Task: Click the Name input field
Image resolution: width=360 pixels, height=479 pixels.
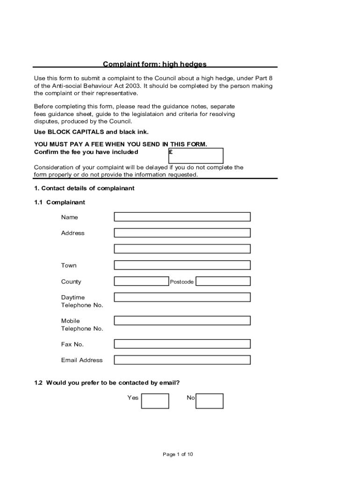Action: (182, 217)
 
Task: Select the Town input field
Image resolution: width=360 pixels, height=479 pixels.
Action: (182, 265)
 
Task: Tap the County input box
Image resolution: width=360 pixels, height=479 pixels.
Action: (141, 281)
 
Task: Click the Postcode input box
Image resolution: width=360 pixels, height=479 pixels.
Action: (223, 281)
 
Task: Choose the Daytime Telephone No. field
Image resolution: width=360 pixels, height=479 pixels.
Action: (182, 297)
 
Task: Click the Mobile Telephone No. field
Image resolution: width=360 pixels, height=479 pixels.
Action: (182, 320)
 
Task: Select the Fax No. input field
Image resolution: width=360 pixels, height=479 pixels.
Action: (182, 344)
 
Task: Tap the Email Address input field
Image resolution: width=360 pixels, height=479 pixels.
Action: (182, 360)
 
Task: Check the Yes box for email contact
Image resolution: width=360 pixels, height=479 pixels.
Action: (155, 401)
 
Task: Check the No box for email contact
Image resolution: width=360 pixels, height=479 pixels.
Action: (209, 401)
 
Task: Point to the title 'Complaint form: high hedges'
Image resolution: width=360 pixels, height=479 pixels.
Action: (155, 64)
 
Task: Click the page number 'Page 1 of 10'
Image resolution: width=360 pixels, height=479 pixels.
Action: (178, 454)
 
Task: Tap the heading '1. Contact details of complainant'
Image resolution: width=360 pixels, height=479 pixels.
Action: (84, 188)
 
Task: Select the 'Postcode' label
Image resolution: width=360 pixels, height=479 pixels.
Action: (182, 282)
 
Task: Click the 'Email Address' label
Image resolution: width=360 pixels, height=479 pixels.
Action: (82, 360)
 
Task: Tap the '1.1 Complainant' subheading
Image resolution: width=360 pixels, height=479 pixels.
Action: (59, 203)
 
